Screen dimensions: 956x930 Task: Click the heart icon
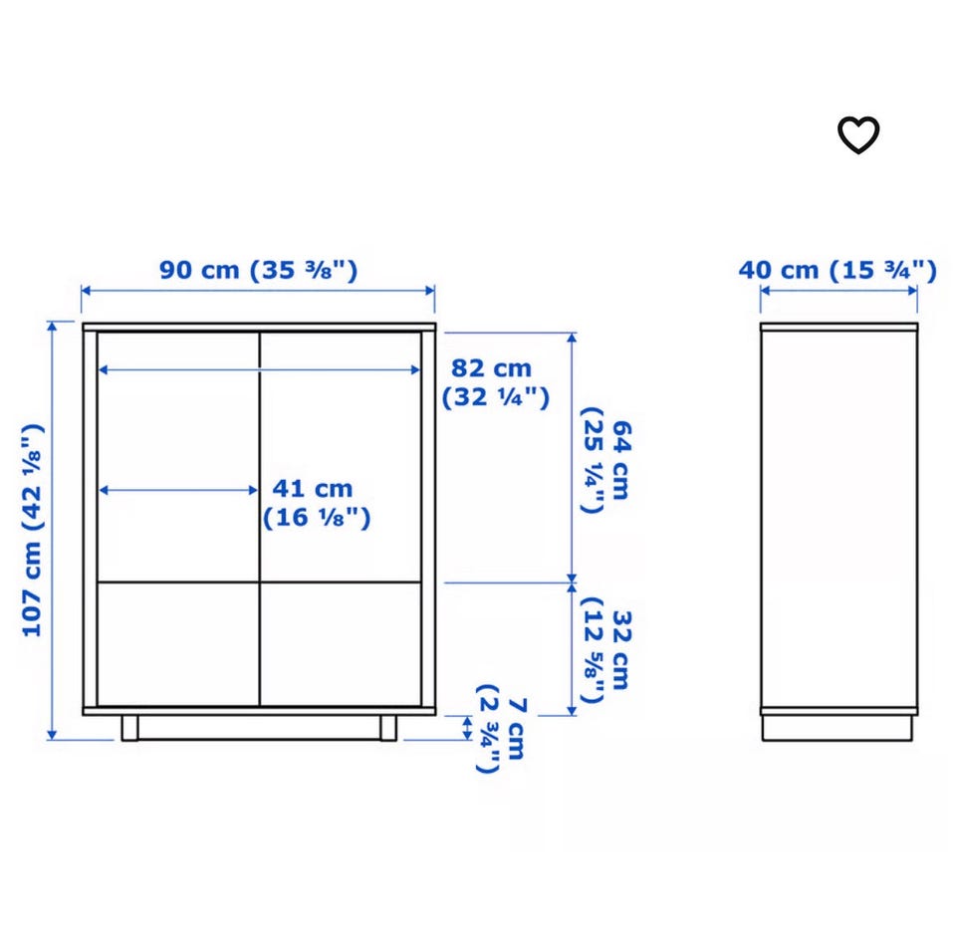(x=858, y=134)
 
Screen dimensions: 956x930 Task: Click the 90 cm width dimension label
(x=259, y=270)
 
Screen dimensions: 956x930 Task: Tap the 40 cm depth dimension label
(x=837, y=270)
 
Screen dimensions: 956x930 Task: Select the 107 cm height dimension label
(x=33, y=530)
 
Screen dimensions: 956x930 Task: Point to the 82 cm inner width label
(x=495, y=382)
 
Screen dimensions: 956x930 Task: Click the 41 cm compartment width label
(x=317, y=503)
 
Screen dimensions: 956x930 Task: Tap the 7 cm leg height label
(x=501, y=728)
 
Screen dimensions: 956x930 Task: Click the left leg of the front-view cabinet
(x=129, y=728)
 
